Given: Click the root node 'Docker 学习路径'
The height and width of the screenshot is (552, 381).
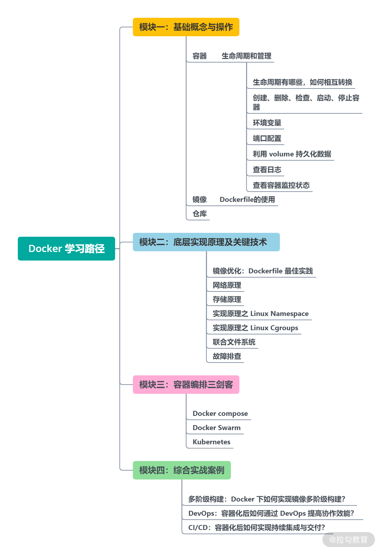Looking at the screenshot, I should tap(66, 248).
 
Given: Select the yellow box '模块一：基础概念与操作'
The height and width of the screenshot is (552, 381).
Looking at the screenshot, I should tap(186, 27).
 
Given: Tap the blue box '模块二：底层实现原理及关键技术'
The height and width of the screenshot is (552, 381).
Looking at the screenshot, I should tap(206, 242).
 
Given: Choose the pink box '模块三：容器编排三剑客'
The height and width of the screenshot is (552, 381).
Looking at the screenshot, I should tap(186, 385).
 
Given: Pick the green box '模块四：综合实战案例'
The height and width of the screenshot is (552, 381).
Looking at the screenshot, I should tap(182, 470).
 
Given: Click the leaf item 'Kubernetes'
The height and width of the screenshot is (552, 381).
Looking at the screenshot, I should tap(211, 442).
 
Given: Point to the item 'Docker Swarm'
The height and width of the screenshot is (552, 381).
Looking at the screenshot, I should tap(217, 428).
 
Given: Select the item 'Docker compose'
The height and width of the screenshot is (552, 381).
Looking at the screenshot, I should tap(220, 413).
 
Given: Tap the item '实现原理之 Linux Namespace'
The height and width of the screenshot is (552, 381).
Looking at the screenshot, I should tap(261, 313).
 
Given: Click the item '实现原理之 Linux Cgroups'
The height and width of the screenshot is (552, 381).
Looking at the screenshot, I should tap(255, 328).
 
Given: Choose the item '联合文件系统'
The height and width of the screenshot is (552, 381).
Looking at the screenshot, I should tap(234, 342).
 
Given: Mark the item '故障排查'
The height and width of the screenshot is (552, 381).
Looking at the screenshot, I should tap(227, 356).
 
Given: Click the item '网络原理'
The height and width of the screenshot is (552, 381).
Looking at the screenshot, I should tap(227, 285).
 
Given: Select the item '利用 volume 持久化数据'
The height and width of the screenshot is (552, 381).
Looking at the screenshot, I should tap(292, 154).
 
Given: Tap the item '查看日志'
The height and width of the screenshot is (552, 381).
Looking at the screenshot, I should tap(267, 170).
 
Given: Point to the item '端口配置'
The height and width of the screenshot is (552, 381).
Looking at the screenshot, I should tap(267, 138).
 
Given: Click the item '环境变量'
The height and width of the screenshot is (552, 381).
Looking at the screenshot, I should tap(267, 123).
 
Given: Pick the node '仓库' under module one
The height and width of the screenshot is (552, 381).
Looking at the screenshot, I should tap(200, 214).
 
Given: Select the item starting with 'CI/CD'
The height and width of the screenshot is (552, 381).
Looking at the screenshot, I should tap(256, 527).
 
